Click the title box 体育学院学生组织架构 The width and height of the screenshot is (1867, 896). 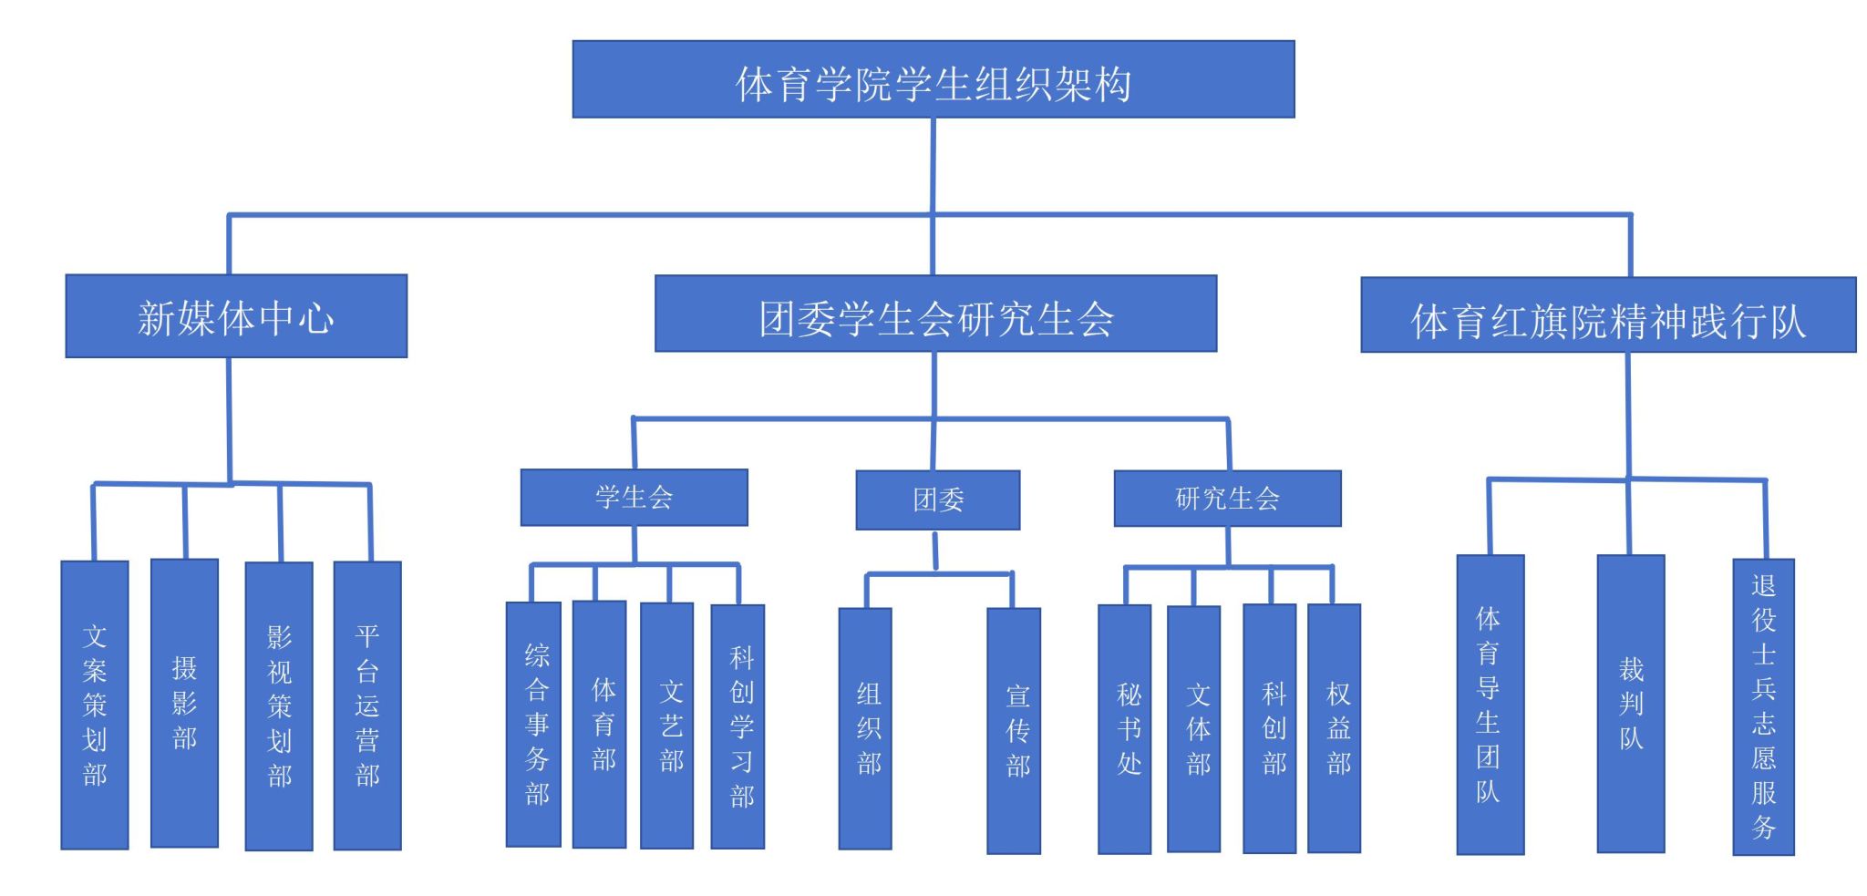pyautogui.click(x=933, y=79)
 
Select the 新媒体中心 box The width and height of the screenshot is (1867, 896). pyautogui.click(x=236, y=316)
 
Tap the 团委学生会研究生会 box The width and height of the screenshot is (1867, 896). pyautogui.click(x=935, y=314)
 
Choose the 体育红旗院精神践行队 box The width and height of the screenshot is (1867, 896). pyautogui.click(x=1607, y=315)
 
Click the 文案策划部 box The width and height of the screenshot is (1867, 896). pyautogui.click(x=95, y=705)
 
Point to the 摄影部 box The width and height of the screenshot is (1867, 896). pyautogui.click(x=184, y=703)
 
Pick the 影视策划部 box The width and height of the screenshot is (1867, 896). pyautogui.click(x=279, y=705)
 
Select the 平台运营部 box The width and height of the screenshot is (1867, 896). pyautogui.click(x=367, y=705)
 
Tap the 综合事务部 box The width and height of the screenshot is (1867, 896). pyautogui.click(x=533, y=724)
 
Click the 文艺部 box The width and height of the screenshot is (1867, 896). pyautogui.click(x=666, y=726)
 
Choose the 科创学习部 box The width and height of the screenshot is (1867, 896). pyautogui.click(x=738, y=726)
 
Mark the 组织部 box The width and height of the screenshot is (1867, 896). pyautogui.click(x=865, y=728)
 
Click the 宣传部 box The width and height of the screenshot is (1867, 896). pyautogui.click(x=1014, y=730)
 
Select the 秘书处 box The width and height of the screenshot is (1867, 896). pyautogui.click(x=1124, y=729)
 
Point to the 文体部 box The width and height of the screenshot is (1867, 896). pyautogui.click(x=1193, y=729)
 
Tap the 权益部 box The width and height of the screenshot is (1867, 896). pyautogui.click(x=1334, y=728)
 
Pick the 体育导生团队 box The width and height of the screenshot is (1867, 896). pyautogui.click(x=1490, y=705)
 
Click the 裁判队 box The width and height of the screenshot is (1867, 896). pyautogui.click(x=1630, y=704)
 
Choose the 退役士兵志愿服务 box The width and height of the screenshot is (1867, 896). pyautogui.click(x=1763, y=706)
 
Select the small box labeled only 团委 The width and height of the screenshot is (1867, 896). pyautogui.click(x=937, y=499)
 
